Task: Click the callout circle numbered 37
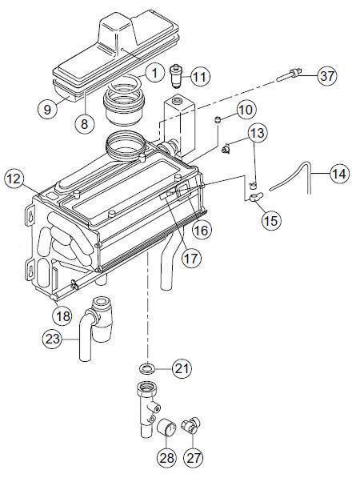coord(325,76)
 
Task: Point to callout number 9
coord(47,108)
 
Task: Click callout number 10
coord(246,108)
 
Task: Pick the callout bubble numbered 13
coord(256,132)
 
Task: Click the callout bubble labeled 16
coord(202,230)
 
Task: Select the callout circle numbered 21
coord(182,368)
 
